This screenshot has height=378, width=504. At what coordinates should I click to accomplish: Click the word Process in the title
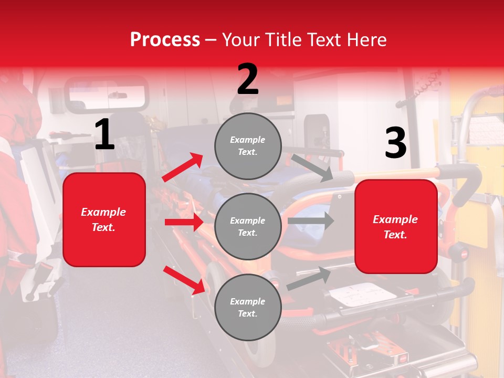point(165,39)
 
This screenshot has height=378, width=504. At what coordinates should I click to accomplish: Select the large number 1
point(104,135)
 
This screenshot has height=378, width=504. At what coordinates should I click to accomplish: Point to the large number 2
point(248,79)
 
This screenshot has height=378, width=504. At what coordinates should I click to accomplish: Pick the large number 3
point(395,143)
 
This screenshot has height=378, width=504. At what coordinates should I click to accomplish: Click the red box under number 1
point(104,219)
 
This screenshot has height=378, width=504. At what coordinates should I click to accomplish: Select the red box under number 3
point(396,227)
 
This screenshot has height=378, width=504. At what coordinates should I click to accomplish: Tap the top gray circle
point(248,146)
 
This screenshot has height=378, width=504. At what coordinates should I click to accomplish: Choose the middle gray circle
point(248,226)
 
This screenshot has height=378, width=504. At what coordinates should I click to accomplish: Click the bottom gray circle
point(248,307)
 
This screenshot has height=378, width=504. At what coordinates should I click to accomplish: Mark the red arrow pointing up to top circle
point(183,167)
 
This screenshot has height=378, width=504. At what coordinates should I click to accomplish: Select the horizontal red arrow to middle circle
point(184,222)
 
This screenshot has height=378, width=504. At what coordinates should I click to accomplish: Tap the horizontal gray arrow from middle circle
point(311,221)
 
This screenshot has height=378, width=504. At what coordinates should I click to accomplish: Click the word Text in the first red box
point(103,227)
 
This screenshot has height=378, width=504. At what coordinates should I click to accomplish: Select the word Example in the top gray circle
point(247,140)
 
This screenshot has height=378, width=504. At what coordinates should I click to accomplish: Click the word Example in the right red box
point(395,219)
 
